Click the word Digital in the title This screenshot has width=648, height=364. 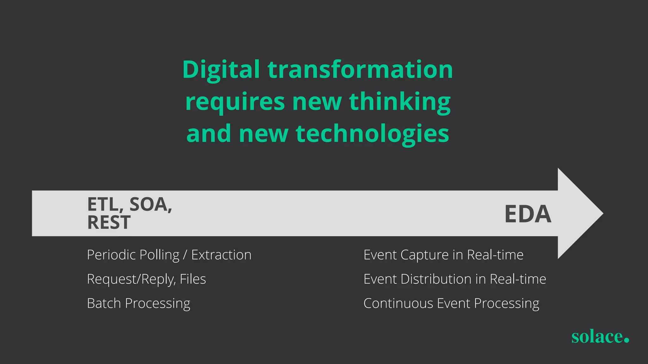coord(221,70)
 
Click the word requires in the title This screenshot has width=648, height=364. coord(235,102)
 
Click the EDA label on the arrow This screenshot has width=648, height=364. coord(528,214)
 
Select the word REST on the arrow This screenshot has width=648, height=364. coord(109,222)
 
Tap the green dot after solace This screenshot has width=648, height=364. coord(626,340)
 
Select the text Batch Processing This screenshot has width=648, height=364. coord(139,303)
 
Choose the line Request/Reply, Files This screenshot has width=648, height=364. coord(146,279)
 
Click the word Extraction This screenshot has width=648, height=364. coord(221,255)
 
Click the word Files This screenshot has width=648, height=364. coord(193,279)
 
